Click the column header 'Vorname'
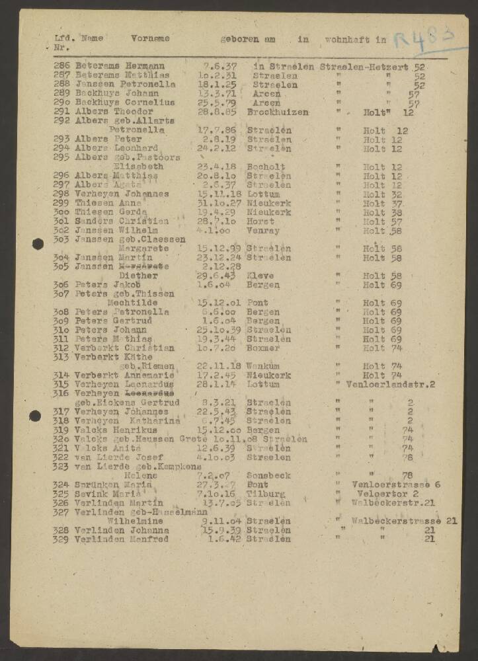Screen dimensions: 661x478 click(x=150, y=39)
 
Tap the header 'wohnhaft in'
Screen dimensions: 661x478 click(x=355, y=40)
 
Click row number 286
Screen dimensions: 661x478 click(x=62, y=67)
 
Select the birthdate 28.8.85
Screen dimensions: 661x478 click(x=215, y=112)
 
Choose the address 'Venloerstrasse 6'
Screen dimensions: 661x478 click(x=397, y=485)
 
